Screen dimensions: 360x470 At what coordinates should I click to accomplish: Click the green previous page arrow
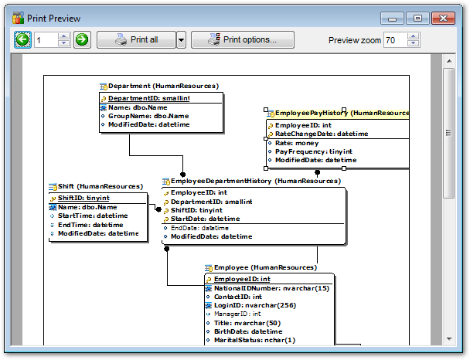point(22,39)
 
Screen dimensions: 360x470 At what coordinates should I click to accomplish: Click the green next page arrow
point(82,39)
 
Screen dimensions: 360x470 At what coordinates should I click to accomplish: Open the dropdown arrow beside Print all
point(181,39)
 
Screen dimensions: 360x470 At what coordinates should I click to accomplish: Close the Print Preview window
point(443,17)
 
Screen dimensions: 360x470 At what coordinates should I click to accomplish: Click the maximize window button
point(417,17)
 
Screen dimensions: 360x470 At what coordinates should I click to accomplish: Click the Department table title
point(162,87)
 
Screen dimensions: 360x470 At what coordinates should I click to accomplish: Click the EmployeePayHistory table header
point(338,114)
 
